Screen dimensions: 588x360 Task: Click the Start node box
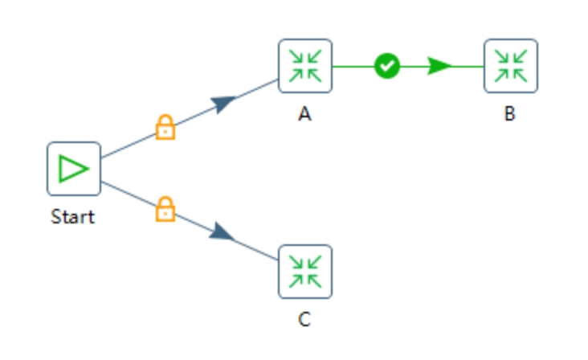click(74, 169)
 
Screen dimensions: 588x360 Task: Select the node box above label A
click(305, 66)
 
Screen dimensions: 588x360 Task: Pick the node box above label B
click(511, 66)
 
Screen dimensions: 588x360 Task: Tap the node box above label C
click(305, 272)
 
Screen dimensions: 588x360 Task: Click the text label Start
click(73, 217)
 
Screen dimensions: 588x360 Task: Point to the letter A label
click(305, 113)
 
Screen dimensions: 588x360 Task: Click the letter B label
click(510, 113)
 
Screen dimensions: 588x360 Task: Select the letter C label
click(304, 320)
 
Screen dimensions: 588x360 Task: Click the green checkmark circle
click(387, 66)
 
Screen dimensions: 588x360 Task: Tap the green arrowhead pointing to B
click(440, 66)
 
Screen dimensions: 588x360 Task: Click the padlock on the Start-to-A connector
click(165, 127)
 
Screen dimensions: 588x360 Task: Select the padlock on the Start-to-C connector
click(165, 209)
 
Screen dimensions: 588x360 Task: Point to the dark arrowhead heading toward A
click(223, 104)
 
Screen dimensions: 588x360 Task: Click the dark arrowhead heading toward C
click(223, 232)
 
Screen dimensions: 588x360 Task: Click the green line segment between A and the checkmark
click(353, 67)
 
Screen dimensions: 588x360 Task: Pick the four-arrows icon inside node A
click(305, 66)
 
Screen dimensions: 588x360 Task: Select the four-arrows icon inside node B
click(511, 66)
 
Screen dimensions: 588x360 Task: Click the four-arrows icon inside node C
click(305, 272)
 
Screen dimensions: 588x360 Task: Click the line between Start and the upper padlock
click(129, 145)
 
